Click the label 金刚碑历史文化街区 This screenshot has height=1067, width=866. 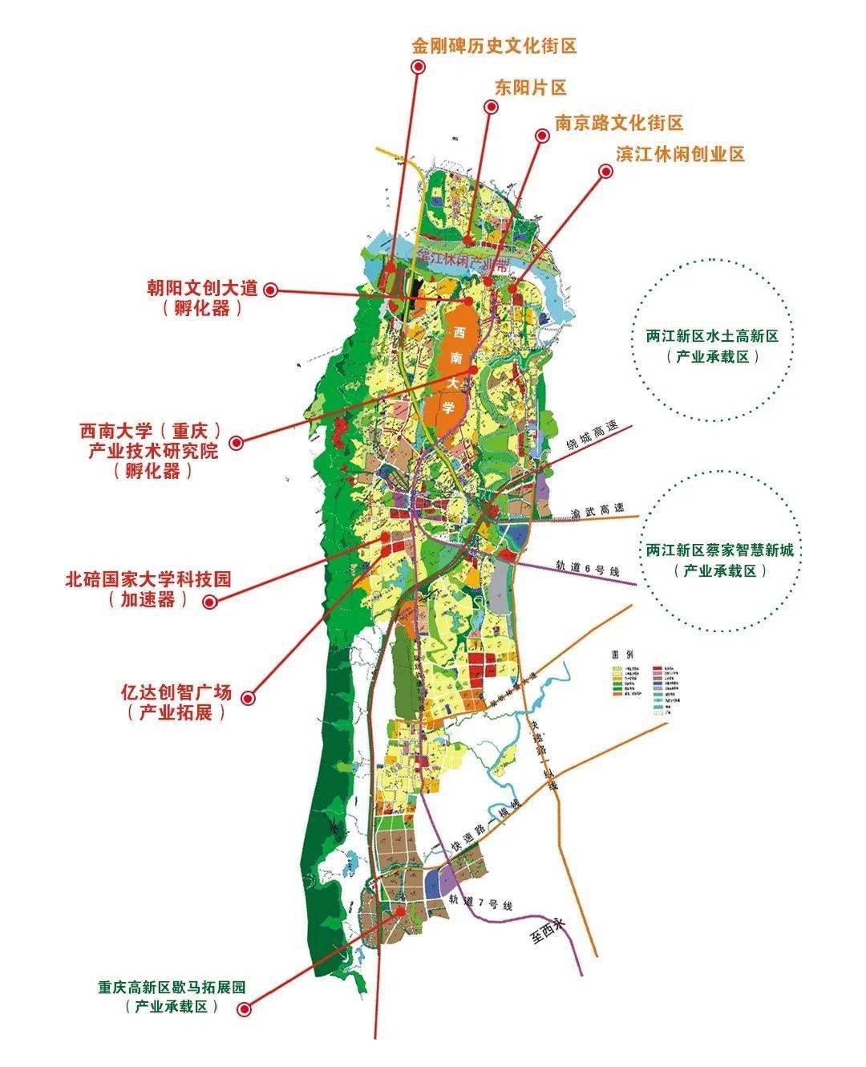[495, 46]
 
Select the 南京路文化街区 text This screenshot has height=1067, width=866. [618, 123]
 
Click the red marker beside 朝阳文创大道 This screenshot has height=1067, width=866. [271, 290]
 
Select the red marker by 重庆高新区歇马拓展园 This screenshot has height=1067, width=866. [245, 1008]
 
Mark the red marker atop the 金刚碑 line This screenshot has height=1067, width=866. [417, 67]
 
